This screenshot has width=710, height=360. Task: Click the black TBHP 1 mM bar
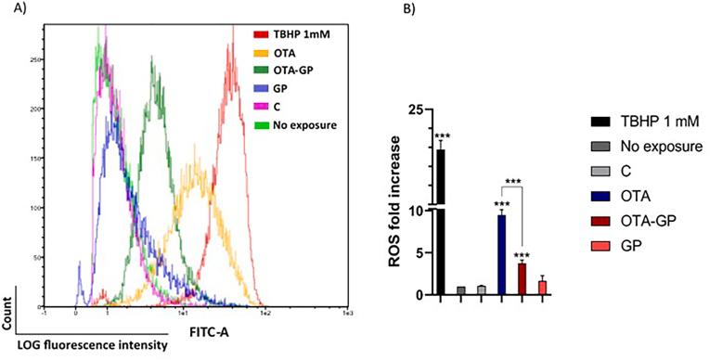(441, 223)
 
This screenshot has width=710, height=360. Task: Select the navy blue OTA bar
(501, 255)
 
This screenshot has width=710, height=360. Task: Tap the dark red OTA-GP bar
(521, 279)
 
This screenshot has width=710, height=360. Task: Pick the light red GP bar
(541, 288)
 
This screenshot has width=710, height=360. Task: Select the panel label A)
(11, 11)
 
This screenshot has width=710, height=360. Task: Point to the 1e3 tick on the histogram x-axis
(347, 315)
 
